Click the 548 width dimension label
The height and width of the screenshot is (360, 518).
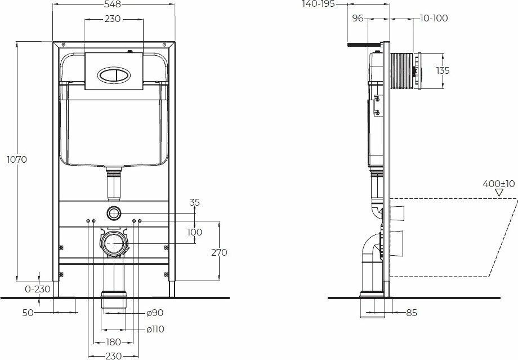[x=113, y=4]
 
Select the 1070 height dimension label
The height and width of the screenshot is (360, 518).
[x=17, y=159]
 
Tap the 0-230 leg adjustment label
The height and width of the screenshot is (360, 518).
[x=38, y=289]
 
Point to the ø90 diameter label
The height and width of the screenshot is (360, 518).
[x=155, y=313]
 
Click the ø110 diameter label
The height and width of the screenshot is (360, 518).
[x=155, y=329]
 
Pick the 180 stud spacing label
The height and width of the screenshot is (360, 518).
[x=113, y=342]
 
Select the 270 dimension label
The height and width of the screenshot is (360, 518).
[x=220, y=252]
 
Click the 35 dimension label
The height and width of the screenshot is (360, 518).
[x=195, y=202]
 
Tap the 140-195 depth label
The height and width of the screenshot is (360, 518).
[x=319, y=4]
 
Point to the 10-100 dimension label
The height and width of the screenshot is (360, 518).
[x=434, y=18]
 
